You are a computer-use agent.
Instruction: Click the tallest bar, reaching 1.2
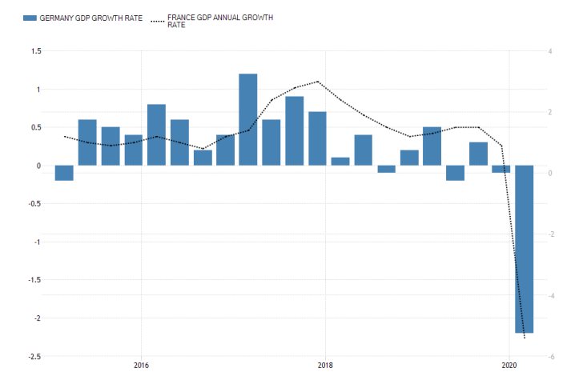[248, 120]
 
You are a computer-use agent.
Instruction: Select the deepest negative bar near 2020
[524, 249]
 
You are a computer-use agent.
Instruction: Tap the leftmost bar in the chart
[64, 173]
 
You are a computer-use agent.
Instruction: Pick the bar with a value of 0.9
[295, 131]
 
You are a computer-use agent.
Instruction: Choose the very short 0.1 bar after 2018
[340, 162]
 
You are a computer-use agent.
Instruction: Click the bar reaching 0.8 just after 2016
[156, 135]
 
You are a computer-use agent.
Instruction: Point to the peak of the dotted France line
[318, 82]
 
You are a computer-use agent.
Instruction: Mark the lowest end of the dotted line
[525, 337]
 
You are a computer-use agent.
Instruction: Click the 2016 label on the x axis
[141, 366]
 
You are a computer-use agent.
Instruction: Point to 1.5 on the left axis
[35, 51]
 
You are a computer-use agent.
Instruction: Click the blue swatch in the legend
[30, 18]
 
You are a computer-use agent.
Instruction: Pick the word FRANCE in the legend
[182, 16]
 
